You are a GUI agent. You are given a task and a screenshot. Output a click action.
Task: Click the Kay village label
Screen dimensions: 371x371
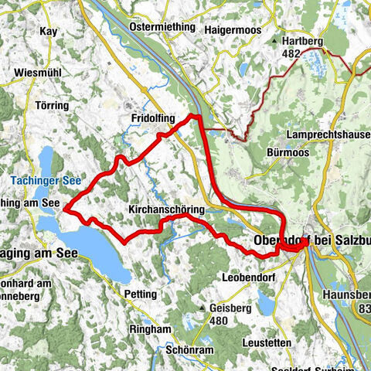pos(47,32)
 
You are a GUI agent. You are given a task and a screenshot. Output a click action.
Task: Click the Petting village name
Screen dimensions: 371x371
pos(139,294)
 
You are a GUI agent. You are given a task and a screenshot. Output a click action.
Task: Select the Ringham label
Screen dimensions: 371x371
pos(148,328)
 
